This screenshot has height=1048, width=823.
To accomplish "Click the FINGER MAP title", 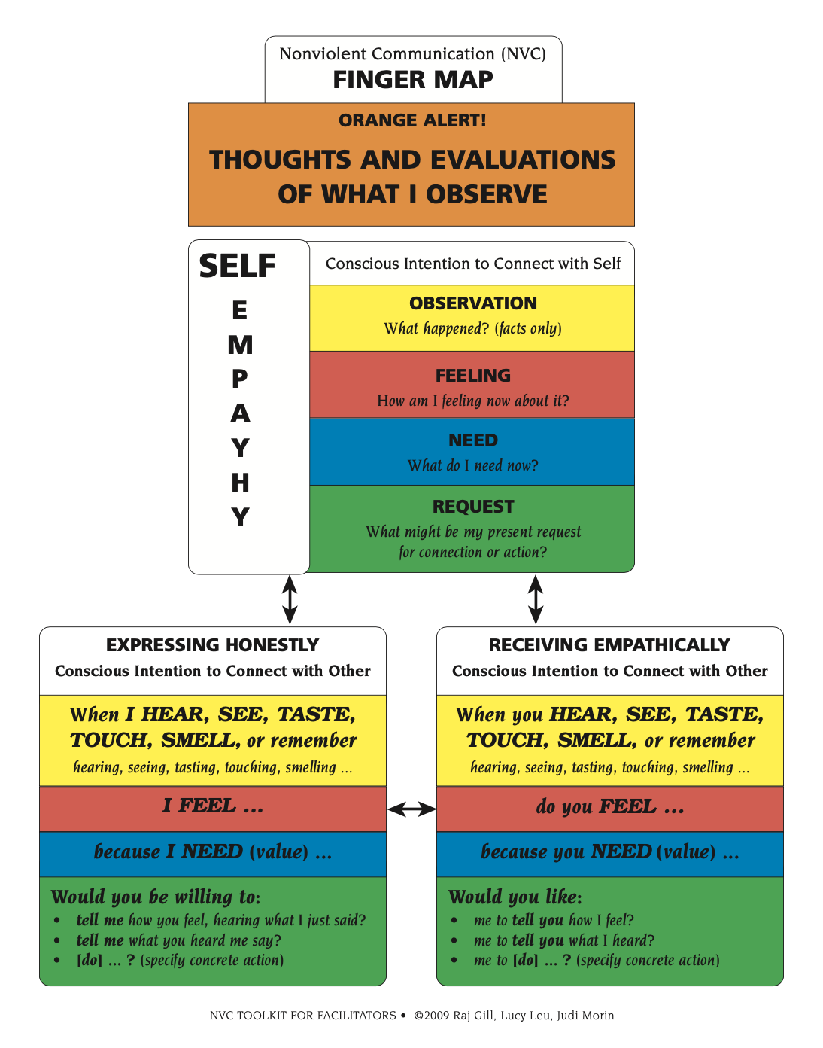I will pyautogui.click(x=412, y=79).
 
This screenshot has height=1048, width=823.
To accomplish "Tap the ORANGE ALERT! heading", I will pyautogui.click(x=412, y=120).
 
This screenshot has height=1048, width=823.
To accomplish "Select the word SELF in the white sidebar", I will pyautogui.click(x=237, y=266).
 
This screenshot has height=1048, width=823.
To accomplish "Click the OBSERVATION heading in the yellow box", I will pyautogui.click(x=473, y=303).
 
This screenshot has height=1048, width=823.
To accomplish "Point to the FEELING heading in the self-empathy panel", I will pyautogui.click(x=473, y=376).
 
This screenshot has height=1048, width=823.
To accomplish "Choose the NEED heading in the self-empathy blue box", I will pyautogui.click(x=473, y=440).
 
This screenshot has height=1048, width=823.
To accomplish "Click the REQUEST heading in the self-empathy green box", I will pyautogui.click(x=473, y=507).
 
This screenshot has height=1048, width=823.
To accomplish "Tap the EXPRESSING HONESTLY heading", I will pyautogui.click(x=212, y=645).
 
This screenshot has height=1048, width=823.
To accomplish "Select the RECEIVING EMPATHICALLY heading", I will pyautogui.click(x=609, y=645).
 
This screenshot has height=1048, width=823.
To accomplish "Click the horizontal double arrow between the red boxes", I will pyautogui.click(x=411, y=809).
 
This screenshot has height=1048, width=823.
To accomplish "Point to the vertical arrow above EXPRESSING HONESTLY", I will pyautogui.click(x=290, y=599).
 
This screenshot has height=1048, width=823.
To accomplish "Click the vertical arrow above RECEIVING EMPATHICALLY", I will pyautogui.click(x=536, y=599).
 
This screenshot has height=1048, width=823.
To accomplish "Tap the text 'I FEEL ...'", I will pyautogui.click(x=213, y=806).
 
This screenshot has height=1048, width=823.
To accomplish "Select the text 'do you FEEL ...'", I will pyautogui.click(x=610, y=807).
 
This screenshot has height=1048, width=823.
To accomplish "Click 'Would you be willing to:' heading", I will pyautogui.click(x=156, y=897).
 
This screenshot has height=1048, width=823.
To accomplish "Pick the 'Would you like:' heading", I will pyautogui.click(x=515, y=897).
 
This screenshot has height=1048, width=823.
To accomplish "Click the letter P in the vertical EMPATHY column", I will pyautogui.click(x=239, y=379).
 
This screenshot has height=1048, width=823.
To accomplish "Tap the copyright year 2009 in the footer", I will pyautogui.click(x=437, y=1016).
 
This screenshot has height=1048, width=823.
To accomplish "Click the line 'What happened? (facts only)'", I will pyautogui.click(x=473, y=328).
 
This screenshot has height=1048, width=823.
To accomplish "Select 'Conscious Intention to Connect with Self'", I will pyautogui.click(x=473, y=264).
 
